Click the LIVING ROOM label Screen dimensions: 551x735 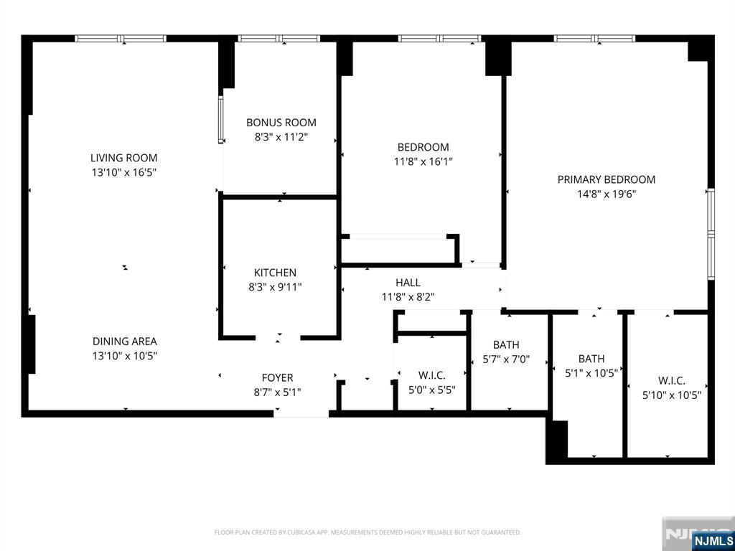[123, 158]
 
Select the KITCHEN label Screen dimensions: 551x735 [275, 273]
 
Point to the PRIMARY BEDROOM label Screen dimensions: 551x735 [607, 179]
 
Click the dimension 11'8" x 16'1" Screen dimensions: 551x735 [423, 161]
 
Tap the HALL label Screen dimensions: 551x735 [408, 283]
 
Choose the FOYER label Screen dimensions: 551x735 [277, 378]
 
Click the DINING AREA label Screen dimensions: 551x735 [124, 342]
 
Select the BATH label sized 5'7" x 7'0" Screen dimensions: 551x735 [506, 345]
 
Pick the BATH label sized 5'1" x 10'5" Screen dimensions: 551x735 [591, 359]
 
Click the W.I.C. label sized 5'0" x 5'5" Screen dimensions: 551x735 [432, 375]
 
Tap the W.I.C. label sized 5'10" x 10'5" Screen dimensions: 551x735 [672, 381]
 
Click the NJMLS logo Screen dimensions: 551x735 [713, 541]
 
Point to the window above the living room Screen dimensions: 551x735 [121, 38]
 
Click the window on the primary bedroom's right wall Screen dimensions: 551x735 [711, 234]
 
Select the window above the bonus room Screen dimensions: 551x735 [279, 38]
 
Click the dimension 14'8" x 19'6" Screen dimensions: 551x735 [607, 194]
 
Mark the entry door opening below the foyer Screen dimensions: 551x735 [301, 413]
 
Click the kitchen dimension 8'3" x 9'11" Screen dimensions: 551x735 [275, 287]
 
